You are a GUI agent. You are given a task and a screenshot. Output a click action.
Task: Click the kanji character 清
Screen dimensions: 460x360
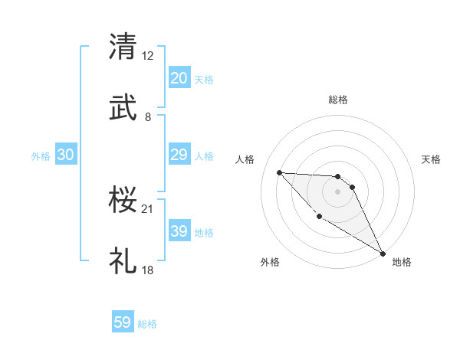coord(123,47)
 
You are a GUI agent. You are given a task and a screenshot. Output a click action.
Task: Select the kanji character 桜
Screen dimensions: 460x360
coord(123,198)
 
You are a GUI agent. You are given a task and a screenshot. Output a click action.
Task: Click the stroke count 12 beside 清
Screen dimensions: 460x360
coord(148,56)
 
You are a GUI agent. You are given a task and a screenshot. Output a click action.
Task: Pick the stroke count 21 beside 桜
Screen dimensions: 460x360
coord(148,208)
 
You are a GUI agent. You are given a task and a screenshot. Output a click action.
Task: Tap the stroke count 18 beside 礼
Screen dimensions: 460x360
coord(148,270)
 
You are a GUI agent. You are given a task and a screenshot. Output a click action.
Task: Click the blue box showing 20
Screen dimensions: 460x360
coord(179,78)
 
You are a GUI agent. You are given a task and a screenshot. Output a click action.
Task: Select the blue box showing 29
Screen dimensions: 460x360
coord(179,155)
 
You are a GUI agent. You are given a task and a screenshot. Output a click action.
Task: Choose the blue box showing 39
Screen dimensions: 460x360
coord(179,231)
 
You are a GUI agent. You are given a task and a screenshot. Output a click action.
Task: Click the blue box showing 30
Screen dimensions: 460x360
coord(66,155)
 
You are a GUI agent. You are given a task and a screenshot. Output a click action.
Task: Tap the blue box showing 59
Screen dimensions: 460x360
coord(123,322)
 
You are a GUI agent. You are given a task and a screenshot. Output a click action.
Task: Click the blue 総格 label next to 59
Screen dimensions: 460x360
coord(147,324)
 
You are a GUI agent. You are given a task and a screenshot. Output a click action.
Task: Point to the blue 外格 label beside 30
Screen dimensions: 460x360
coord(41,156)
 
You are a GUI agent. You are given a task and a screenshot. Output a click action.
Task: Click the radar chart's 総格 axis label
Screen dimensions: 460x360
coord(337,100)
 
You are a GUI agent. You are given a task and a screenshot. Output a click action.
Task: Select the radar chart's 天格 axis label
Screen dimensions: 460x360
coord(432,159)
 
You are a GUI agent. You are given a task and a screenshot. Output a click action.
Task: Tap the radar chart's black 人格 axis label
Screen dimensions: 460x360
coord(245,159)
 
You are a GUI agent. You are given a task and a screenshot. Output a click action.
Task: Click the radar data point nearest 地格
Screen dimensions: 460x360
coord(383,253)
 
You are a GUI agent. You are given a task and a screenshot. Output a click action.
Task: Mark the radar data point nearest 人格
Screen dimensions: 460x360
coord(279,172)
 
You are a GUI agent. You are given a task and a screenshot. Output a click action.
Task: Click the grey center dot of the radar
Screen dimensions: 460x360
coord(337,191)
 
